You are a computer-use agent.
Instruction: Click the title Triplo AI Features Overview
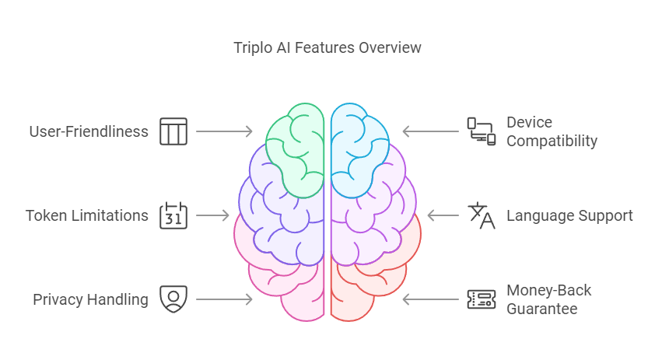point(327,48)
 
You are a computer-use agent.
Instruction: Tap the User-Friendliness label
point(89,131)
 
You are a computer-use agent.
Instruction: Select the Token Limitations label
point(87,215)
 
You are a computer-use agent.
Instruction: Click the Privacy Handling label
point(91,299)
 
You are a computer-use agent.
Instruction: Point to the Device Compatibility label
point(552,131)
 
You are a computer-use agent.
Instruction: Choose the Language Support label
point(569,215)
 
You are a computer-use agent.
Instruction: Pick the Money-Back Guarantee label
point(549,299)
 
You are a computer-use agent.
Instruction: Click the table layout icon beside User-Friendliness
point(173,131)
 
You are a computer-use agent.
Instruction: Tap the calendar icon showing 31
point(173,215)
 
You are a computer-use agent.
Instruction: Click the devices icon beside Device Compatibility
point(482,131)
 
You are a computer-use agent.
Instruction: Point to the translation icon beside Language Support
point(482,215)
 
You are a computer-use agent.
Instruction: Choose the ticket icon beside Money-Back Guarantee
point(482,299)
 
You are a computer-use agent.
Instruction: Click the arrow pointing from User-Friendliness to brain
point(224,131)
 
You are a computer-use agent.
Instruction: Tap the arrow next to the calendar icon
point(212,215)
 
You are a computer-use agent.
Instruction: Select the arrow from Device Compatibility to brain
point(431,131)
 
